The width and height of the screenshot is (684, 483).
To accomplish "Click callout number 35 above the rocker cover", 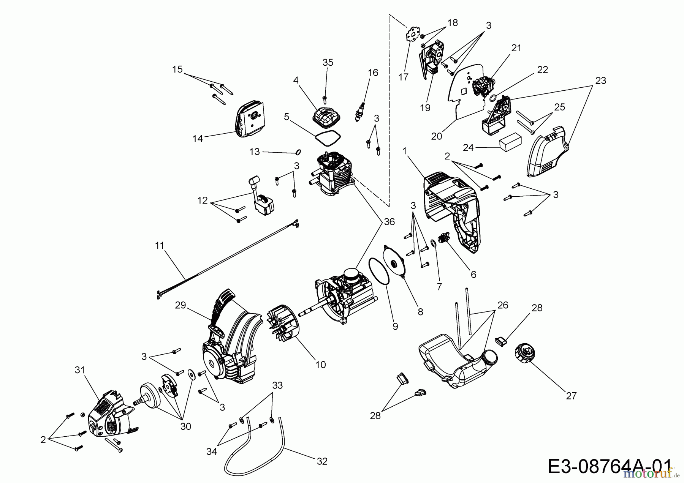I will point(328,63).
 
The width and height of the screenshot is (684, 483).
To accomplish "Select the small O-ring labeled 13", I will point(298,152).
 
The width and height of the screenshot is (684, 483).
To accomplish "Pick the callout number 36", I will point(389,222).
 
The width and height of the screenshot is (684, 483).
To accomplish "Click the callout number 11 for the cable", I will point(160,246).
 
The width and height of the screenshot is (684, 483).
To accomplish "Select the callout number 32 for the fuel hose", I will point(322,461).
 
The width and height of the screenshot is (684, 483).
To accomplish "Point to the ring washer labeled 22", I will point(493,98).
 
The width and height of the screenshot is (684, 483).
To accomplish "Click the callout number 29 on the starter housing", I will point(180,305).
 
